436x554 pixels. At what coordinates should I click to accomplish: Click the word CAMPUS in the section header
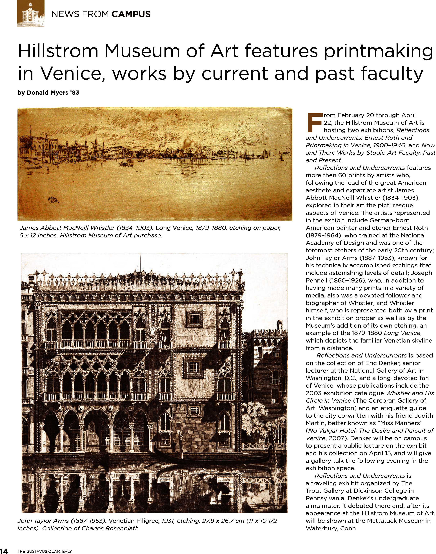[x=131, y=14]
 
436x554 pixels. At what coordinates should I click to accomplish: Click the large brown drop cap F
[x=314, y=122]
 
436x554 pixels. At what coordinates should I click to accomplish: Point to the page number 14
[x=4, y=550]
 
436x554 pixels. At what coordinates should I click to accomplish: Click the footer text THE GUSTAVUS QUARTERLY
[x=45, y=550]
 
